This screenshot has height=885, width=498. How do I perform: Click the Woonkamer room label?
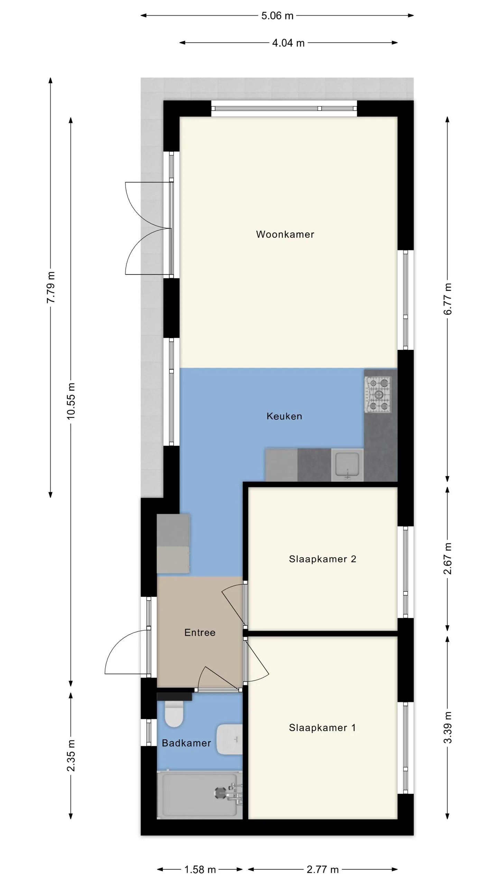tap(285, 234)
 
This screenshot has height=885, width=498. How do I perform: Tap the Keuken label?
tap(284, 416)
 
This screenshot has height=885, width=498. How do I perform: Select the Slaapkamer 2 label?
tap(322, 559)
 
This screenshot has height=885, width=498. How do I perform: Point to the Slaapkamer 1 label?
tap(322, 728)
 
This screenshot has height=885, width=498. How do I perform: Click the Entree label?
tap(200, 633)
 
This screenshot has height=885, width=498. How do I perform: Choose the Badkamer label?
tap(186, 743)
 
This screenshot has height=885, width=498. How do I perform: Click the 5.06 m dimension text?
tap(277, 16)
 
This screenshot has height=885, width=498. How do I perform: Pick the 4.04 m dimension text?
tap(288, 43)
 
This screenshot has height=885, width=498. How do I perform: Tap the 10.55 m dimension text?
tap(71, 401)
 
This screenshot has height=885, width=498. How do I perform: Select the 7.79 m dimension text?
tap(51, 287)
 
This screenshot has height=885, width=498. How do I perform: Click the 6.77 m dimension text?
tap(448, 299)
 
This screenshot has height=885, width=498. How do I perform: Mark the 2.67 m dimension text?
tap(448, 558)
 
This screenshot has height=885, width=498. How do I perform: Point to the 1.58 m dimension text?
tap(200, 869)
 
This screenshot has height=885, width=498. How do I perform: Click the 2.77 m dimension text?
tap(323, 869)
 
